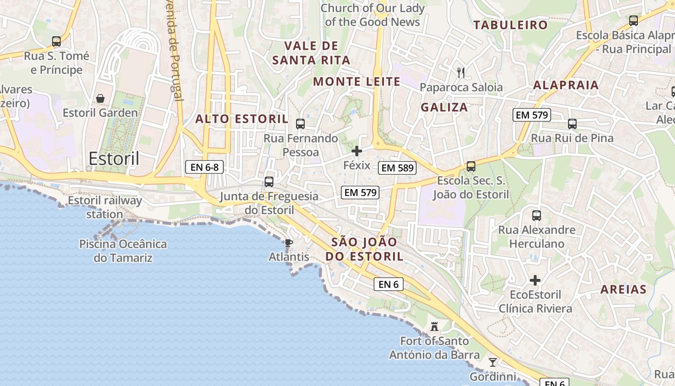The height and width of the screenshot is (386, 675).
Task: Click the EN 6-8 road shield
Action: [x=204, y=167]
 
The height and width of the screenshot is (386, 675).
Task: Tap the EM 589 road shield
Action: [x=397, y=168]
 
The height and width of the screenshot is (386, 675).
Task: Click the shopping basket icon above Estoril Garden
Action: [x=100, y=98]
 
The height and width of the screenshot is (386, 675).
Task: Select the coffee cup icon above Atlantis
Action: [x=288, y=243]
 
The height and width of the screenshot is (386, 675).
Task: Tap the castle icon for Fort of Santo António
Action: [x=434, y=327]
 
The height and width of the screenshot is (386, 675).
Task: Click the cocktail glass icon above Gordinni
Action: [x=492, y=362]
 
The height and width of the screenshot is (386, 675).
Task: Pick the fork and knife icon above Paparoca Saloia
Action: [x=461, y=73]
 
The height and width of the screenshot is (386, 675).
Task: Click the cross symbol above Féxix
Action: [x=357, y=152]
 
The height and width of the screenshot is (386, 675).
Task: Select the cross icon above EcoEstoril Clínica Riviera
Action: [x=535, y=280]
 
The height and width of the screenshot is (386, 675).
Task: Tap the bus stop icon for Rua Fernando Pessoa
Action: [x=300, y=124]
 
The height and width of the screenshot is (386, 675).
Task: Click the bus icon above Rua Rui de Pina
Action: [x=572, y=124]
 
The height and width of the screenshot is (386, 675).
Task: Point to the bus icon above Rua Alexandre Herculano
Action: [x=537, y=216]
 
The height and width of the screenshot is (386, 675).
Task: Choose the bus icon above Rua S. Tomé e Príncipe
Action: [x=56, y=41]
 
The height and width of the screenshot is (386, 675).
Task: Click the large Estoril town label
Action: [x=114, y=158]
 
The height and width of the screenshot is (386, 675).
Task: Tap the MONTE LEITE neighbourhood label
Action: [x=357, y=82]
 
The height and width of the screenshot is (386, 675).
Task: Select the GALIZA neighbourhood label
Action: [x=444, y=107]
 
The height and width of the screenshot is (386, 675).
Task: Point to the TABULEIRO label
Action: [x=511, y=25]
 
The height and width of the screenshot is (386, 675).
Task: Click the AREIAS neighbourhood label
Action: [x=623, y=289]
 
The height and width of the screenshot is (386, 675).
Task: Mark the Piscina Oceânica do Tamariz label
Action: [x=123, y=251]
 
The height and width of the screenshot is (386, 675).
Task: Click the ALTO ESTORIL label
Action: [x=242, y=119]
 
